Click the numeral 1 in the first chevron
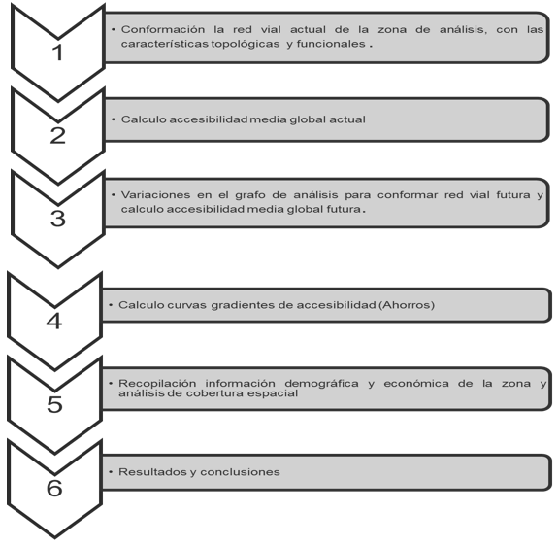tap(57, 52)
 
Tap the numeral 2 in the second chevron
tap(58, 136)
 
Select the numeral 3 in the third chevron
tap(58, 219)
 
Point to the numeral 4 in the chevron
tap(54, 321)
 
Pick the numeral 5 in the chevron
tap(54, 404)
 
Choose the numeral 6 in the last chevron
tap(54, 488)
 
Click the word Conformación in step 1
tap(163, 29)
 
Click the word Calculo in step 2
tap(144, 119)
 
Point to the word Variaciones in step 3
tap(155, 195)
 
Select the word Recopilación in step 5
tap(157, 383)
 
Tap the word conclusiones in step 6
tap(240, 472)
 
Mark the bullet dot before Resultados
tap(111, 472)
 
